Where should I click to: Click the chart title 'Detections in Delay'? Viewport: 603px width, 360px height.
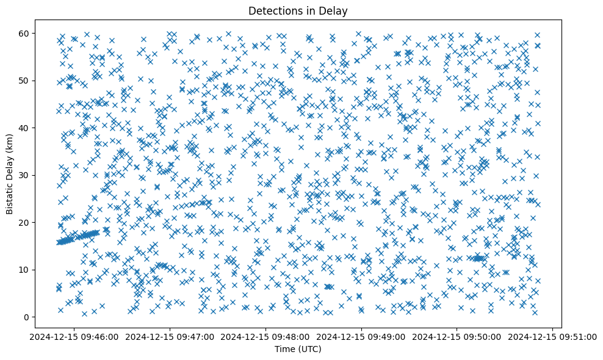click(298, 10)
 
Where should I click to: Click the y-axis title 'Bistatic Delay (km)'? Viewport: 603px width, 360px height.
click(10, 175)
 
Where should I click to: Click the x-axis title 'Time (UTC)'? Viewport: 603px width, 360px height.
click(298, 349)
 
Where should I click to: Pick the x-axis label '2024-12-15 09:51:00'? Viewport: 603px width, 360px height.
click(553, 337)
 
